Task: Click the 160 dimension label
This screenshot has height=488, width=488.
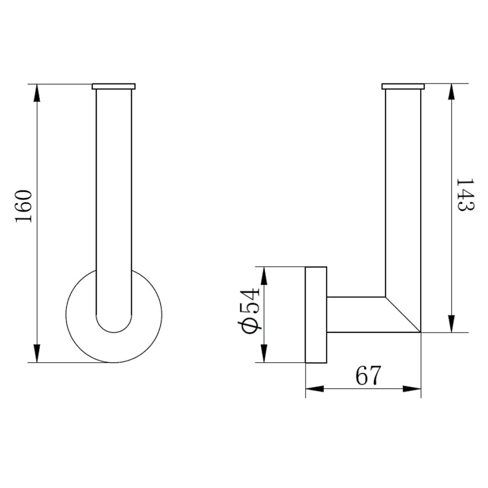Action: tap(24, 206)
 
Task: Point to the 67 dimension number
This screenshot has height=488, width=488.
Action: tap(368, 375)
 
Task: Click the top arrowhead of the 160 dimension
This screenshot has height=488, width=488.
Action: tap(37, 93)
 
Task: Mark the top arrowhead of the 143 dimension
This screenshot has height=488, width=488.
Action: tap(451, 91)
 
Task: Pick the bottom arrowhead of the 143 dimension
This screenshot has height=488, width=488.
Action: tap(451, 324)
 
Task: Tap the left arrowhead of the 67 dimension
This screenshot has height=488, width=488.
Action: tap(315, 389)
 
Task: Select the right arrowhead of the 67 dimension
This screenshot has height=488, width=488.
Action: tap(412, 389)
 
